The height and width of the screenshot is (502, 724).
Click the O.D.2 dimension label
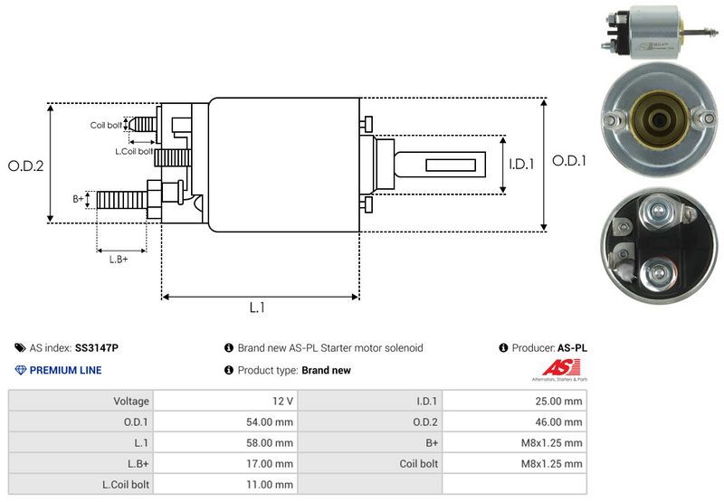(x=26, y=166)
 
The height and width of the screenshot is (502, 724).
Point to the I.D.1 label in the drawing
(x=522, y=165)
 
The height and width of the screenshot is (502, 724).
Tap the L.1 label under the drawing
(x=257, y=308)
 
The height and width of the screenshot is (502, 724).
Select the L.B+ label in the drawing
(x=119, y=260)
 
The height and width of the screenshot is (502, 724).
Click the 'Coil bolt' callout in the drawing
(x=106, y=125)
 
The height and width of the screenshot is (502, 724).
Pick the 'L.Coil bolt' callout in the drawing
(x=133, y=151)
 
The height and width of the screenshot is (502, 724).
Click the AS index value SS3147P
(x=97, y=347)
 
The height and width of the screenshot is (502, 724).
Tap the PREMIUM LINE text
(x=66, y=370)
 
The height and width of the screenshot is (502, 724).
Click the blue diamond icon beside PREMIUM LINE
(x=21, y=370)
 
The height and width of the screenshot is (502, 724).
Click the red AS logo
(x=555, y=369)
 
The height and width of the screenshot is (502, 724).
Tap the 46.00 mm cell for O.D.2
(x=560, y=421)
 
